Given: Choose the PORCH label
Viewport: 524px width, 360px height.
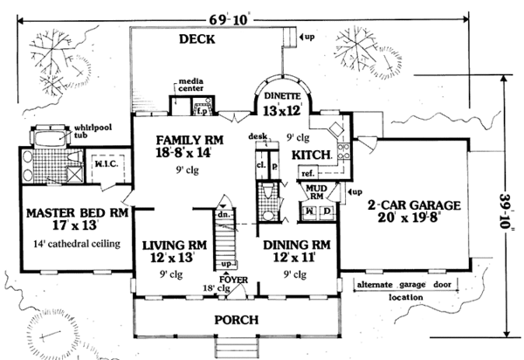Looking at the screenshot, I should tap(232, 321).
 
